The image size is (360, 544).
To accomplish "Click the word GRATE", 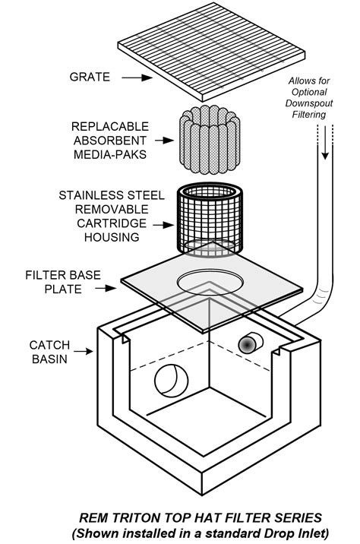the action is click(x=90, y=77).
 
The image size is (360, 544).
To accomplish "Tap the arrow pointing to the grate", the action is click(x=137, y=77).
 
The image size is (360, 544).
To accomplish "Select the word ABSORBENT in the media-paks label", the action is click(x=110, y=141).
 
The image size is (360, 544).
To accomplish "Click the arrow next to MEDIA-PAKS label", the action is click(x=164, y=141).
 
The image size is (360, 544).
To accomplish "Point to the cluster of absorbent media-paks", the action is click(x=210, y=140).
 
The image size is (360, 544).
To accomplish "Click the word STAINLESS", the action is click(x=88, y=195).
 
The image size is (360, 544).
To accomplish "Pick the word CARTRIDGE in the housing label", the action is click(x=112, y=223).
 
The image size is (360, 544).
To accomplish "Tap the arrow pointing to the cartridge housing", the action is click(x=163, y=225).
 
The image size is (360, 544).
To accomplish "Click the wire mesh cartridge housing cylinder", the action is click(x=210, y=220).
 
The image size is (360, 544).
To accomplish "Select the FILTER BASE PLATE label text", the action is click(x=63, y=282).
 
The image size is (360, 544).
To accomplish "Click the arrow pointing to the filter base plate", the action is click(x=106, y=288).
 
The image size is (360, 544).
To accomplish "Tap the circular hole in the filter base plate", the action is click(x=210, y=282).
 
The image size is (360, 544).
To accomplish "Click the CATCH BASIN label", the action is click(x=49, y=352).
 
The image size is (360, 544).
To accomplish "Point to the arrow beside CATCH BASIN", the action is click(x=84, y=352).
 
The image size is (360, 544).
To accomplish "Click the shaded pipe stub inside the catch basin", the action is click(x=251, y=343).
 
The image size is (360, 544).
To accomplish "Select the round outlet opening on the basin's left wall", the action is click(x=172, y=381).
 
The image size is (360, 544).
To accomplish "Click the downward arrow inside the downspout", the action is click(x=325, y=143).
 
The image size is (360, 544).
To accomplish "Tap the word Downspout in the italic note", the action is click(x=309, y=103).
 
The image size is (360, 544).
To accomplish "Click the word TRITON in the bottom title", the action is click(x=135, y=518).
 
